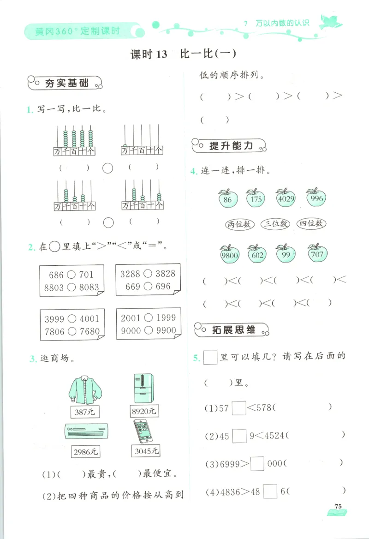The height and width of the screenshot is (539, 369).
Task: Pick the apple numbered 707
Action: [x=317, y=253]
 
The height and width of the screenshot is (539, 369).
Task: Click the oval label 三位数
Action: [x=275, y=224]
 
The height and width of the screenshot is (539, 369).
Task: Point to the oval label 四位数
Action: [x=311, y=224]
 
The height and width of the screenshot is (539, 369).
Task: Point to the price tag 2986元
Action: [x=86, y=452]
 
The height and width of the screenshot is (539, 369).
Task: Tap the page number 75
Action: [x=338, y=506]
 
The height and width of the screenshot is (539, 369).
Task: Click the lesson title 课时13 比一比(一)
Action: [x=184, y=54]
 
